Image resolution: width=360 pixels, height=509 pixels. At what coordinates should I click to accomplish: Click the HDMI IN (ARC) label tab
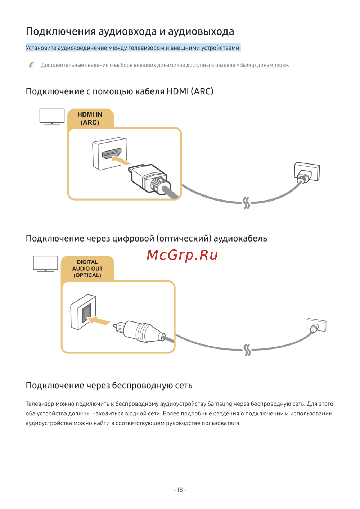(90, 118)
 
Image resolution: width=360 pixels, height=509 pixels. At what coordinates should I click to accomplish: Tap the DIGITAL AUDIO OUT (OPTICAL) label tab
(87, 269)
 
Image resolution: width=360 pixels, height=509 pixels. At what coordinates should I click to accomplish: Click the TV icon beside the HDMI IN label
(52, 117)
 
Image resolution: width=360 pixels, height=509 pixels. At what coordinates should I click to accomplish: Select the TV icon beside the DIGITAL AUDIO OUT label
(45, 263)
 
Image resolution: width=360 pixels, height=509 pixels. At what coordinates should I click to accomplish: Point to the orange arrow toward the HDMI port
(121, 160)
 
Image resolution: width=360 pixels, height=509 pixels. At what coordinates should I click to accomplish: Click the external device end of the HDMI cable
(306, 173)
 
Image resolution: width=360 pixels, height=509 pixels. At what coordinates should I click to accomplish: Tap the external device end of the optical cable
(316, 325)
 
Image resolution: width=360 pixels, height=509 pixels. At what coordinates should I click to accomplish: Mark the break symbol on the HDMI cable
(246, 203)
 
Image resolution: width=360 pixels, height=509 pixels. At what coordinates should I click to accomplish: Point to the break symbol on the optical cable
(247, 350)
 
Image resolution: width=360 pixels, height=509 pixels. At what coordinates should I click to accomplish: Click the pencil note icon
(31, 65)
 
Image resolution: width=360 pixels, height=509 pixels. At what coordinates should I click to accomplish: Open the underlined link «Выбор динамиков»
(262, 65)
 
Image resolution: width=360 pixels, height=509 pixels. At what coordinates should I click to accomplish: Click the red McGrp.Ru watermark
(182, 255)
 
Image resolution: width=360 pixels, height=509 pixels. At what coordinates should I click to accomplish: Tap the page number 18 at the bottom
(180, 490)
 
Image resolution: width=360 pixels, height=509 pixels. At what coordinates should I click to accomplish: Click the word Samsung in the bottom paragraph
(220, 404)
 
